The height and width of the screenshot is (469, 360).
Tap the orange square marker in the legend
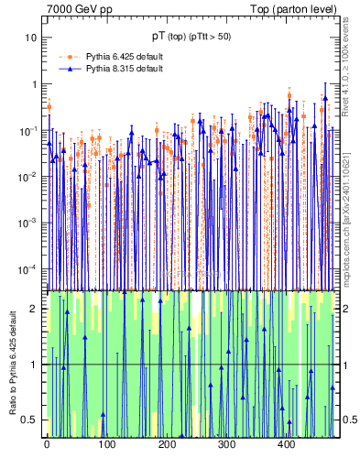pyautogui.click(x=67, y=57)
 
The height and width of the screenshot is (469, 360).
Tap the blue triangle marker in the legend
pyautogui.click(x=67, y=69)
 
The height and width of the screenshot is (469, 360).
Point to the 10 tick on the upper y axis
pyautogui.click(x=31, y=38)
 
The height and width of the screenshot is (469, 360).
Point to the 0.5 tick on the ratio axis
pyautogui.click(x=31, y=420)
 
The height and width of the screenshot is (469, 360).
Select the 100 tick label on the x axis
pyautogui.click(x=106, y=444)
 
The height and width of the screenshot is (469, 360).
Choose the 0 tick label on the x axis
pyautogui.click(x=47, y=444)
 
